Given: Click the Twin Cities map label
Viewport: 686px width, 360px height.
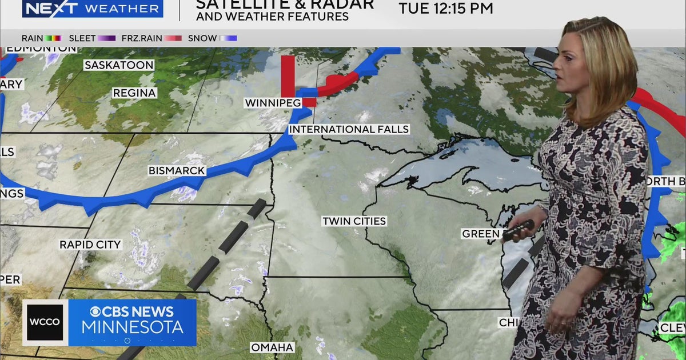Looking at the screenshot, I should point(354,221).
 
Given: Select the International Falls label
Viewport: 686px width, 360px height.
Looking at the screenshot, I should point(349,129).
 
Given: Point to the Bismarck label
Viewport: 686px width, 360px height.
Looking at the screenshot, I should point(176,170).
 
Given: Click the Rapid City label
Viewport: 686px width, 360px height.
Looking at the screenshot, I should point(90,245).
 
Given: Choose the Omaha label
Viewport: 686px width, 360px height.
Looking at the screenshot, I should point(272,347).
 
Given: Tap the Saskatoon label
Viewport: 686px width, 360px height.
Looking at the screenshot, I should point(119,65).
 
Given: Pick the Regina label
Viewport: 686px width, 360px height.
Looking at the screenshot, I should point(134,93).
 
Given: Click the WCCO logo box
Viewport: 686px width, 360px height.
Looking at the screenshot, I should point(45,322).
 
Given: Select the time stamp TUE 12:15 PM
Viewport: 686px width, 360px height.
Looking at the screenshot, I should point(446,9).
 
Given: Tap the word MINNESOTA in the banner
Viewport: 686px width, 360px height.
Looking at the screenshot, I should point(132,327).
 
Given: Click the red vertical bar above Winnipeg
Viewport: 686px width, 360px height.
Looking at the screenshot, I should point(288,75).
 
